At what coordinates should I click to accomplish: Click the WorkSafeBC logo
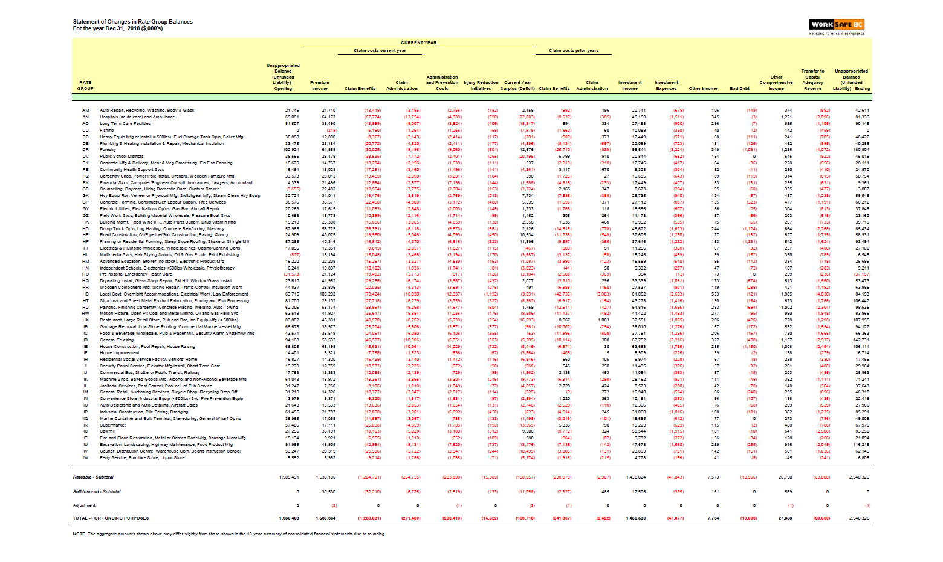(x=837, y=25)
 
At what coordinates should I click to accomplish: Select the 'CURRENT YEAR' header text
(x=418, y=43)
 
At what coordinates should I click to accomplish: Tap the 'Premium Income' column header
(x=320, y=85)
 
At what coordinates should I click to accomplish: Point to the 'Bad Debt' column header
(x=739, y=89)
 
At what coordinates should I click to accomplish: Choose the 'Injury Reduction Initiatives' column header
(x=481, y=85)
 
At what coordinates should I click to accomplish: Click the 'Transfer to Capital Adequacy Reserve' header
(x=813, y=80)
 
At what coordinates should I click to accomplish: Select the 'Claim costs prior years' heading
(x=574, y=51)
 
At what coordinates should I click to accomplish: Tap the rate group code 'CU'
(x=86, y=130)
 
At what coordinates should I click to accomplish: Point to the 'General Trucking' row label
(x=117, y=340)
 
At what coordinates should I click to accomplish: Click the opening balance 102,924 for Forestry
(x=291, y=150)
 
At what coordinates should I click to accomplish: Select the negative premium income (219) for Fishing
(x=332, y=130)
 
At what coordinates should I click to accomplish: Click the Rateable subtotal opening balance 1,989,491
(x=289, y=477)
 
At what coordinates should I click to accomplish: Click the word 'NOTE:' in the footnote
(x=79, y=534)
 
